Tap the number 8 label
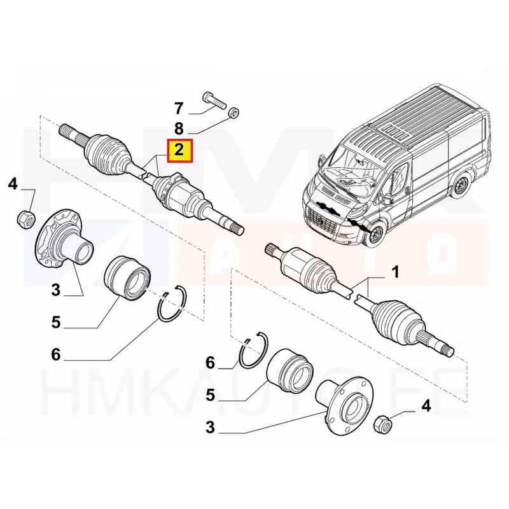click(x=179, y=129)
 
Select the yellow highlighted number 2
click(x=179, y=150)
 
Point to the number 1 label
click(x=394, y=274)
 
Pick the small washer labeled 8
click(x=234, y=113)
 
